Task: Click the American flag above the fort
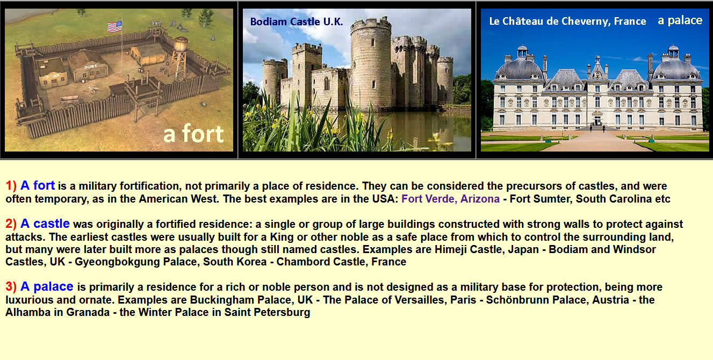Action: tap(114, 26)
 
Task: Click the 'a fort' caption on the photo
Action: tap(193, 134)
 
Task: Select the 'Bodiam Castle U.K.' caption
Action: tap(297, 21)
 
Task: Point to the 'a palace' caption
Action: tap(680, 20)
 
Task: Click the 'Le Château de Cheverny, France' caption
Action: tap(567, 21)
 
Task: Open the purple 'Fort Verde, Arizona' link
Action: tap(450, 199)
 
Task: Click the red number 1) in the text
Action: tap(11, 185)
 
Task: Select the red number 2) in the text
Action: tap(11, 224)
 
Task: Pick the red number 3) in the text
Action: tap(11, 287)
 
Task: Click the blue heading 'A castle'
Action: tap(45, 224)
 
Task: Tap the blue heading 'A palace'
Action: tap(47, 287)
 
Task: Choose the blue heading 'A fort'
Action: tap(38, 185)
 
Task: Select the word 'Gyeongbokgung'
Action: tap(117, 262)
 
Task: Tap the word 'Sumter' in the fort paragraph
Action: tap(552, 199)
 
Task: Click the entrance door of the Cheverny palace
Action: tap(597, 121)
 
